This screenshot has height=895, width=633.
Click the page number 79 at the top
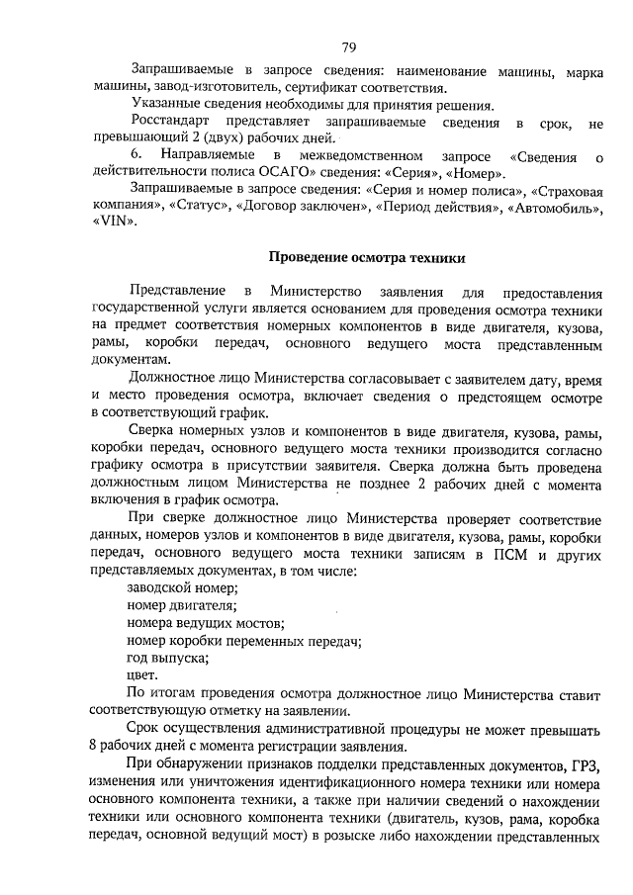[349, 47]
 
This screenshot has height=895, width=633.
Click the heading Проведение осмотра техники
[368, 257]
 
